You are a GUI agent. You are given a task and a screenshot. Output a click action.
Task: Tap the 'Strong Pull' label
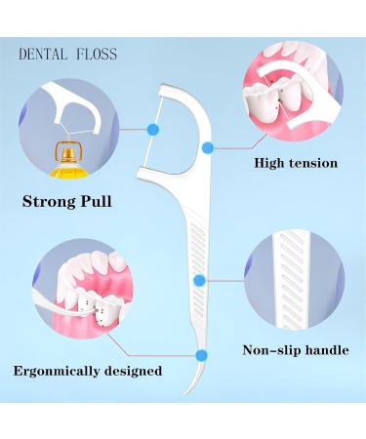pyautogui.click(x=66, y=203)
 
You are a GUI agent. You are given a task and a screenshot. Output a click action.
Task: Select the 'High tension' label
pyautogui.click(x=295, y=163)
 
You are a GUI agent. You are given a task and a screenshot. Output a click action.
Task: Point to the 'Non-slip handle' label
pyautogui.click(x=295, y=350)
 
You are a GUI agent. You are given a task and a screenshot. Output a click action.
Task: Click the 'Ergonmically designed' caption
pyautogui.click(x=87, y=371)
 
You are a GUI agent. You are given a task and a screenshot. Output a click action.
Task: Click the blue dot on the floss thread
pyautogui.click(x=152, y=128)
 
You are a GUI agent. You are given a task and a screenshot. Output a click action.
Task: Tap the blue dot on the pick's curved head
pyautogui.click(x=207, y=147)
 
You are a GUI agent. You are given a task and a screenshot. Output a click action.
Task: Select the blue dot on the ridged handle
pyautogui.click(x=199, y=280)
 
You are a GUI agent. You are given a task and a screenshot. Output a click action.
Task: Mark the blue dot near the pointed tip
pyautogui.click(x=201, y=355)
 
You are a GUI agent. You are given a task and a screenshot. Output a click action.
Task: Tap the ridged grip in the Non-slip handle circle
pyautogui.click(x=293, y=278)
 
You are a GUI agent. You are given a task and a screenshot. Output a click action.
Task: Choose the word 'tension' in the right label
pyautogui.click(x=312, y=163)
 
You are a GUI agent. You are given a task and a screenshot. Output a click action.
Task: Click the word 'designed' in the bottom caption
pyautogui.click(x=132, y=371)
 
